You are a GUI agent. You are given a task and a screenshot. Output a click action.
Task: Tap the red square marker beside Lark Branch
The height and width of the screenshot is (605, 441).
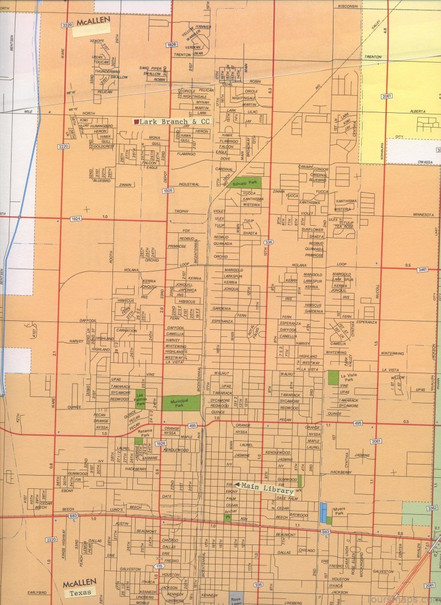136,121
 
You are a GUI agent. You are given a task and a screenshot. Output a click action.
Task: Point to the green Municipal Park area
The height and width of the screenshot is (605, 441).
181,402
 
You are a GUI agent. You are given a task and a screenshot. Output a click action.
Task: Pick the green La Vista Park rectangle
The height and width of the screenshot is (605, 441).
334,377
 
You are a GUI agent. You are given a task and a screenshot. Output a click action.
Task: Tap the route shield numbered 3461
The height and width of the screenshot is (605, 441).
423,270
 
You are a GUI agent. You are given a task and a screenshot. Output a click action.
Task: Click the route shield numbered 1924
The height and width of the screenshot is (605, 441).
76,219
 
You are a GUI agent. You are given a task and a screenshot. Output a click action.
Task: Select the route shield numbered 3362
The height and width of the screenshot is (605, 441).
432,508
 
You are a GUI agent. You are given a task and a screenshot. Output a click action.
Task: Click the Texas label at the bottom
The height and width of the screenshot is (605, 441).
80,593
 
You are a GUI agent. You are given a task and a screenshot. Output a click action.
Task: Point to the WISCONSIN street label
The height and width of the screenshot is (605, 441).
348,6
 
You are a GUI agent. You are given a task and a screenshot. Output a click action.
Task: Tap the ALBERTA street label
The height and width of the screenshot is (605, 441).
417,111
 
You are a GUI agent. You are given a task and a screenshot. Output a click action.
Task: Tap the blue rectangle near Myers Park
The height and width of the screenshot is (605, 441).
323,512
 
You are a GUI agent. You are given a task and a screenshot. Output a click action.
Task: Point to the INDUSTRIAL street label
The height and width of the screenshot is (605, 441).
189,184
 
